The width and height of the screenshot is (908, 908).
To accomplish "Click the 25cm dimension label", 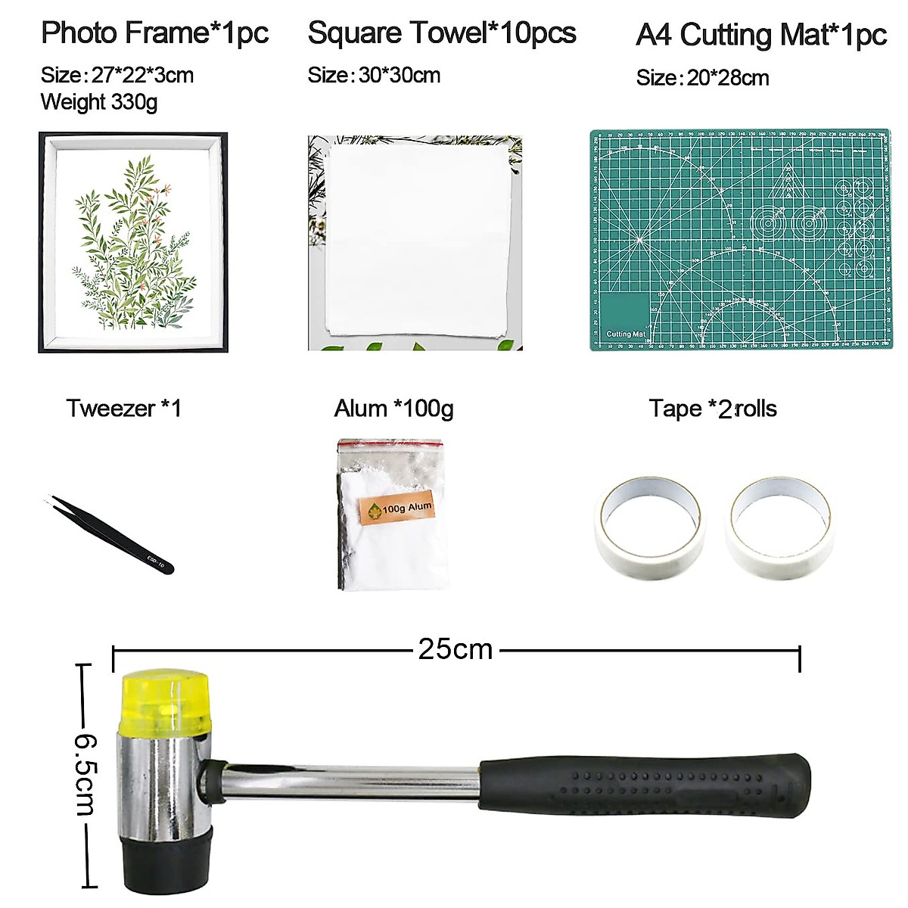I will click(x=456, y=649).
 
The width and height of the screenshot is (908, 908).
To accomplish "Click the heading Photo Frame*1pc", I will click(x=154, y=33).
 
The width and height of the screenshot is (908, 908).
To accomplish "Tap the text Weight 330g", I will click(x=99, y=102).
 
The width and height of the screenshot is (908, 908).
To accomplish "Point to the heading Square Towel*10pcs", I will click(x=442, y=33).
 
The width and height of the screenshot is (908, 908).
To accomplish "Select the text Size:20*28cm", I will click(x=702, y=78).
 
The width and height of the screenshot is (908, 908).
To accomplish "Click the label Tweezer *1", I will click(x=124, y=409).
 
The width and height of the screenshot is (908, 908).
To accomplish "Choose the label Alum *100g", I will click(x=393, y=409).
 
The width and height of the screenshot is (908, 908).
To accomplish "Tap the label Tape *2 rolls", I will click(x=713, y=409).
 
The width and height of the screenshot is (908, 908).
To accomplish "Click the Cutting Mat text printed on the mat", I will click(x=626, y=334).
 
